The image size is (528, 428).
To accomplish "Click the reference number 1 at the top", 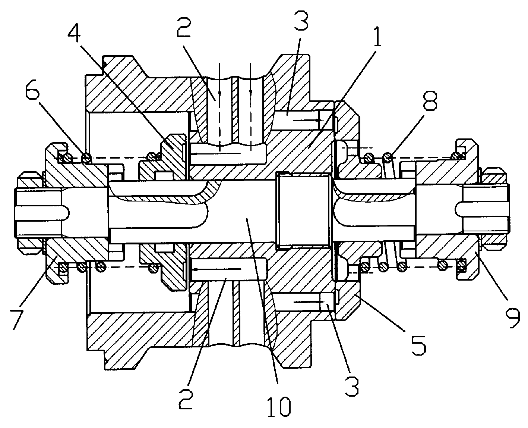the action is (377, 35).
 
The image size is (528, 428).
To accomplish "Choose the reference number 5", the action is (419, 345).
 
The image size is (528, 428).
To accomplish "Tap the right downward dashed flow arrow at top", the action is (251, 107).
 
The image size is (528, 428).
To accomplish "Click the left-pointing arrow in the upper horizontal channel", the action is (216, 154).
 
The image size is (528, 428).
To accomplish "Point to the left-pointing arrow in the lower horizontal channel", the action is (216, 269).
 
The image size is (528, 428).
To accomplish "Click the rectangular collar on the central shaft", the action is (304, 210).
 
